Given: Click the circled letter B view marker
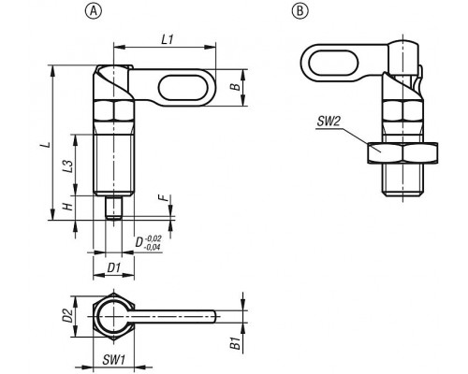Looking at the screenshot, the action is pos(300,11).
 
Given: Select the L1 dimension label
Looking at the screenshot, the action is pos(168,39).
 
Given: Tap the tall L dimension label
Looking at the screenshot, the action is pos(47,145).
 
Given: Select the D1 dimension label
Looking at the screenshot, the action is pos(113,267).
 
